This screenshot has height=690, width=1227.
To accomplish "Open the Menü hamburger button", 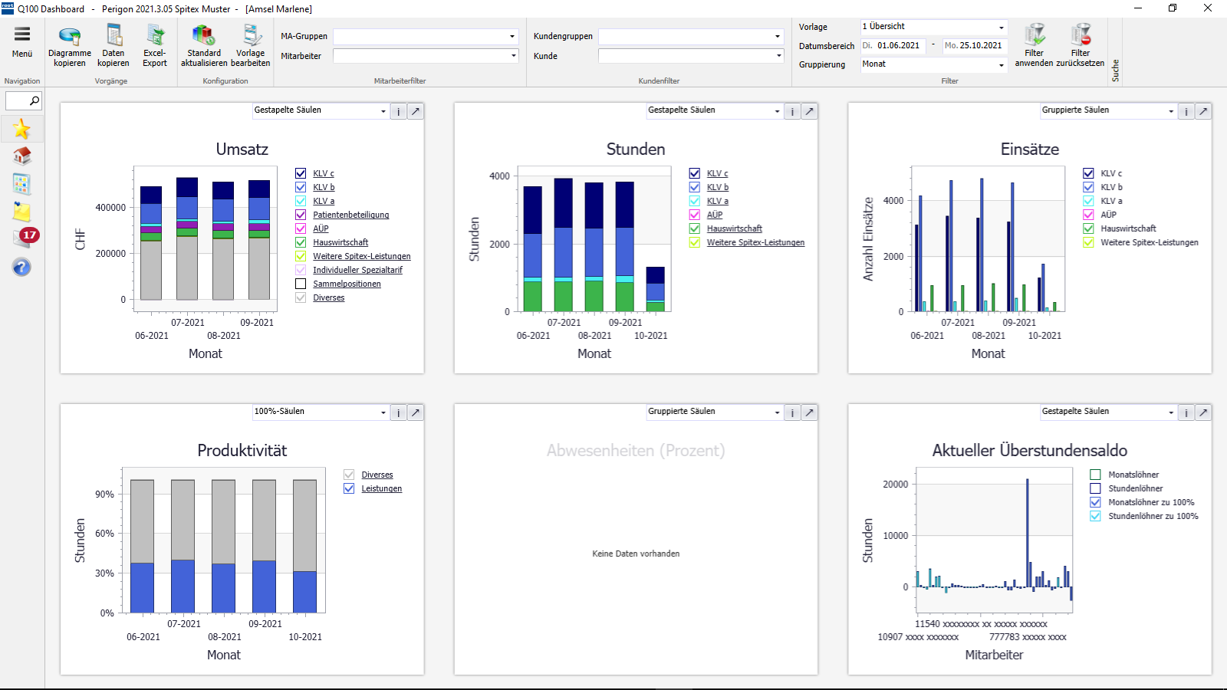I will click(x=22, y=42).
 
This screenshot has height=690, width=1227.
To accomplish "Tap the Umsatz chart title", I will click(x=242, y=149).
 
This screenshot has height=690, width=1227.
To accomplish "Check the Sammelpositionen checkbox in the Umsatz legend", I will click(x=301, y=284).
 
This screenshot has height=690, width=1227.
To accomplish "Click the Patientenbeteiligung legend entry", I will click(x=350, y=215).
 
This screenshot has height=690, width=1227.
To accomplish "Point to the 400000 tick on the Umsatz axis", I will click(x=110, y=208).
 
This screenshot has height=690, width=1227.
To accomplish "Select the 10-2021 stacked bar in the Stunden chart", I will click(x=655, y=289).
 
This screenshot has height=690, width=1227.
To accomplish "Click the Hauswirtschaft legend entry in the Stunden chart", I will click(x=734, y=228).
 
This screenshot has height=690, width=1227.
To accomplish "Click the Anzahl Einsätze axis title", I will click(x=868, y=239).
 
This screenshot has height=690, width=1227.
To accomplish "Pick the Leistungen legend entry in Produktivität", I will click(x=381, y=488).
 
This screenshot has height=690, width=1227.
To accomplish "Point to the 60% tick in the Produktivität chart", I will click(x=104, y=534).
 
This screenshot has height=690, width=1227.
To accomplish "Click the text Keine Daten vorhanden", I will click(x=636, y=554).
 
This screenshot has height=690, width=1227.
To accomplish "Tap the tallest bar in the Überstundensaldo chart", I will click(x=1027, y=533).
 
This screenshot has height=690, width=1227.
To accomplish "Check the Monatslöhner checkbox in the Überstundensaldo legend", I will click(x=1095, y=475).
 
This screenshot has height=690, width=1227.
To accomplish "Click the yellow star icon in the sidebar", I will click(x=21, y=129).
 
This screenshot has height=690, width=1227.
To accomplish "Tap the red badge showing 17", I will click(x=29, y=235).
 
